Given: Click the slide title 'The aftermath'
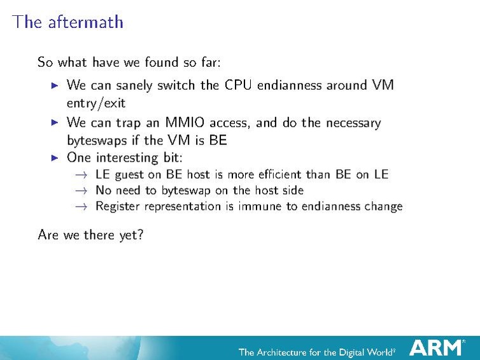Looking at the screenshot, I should tap(68, 22).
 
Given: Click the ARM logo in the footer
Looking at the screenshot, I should tap(436, 348).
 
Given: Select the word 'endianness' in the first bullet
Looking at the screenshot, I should tap(290, 85).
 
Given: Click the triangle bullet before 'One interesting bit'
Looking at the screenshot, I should tap(55, 157).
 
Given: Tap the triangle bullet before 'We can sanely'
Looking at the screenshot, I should tap(55, 85).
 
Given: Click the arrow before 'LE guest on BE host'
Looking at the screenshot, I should tap(81, 174).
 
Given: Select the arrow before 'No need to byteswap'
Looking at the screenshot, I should tap(81, 190).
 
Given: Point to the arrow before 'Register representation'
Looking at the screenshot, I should tap(81, 206).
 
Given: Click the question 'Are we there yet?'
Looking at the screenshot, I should tap(90, 235).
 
